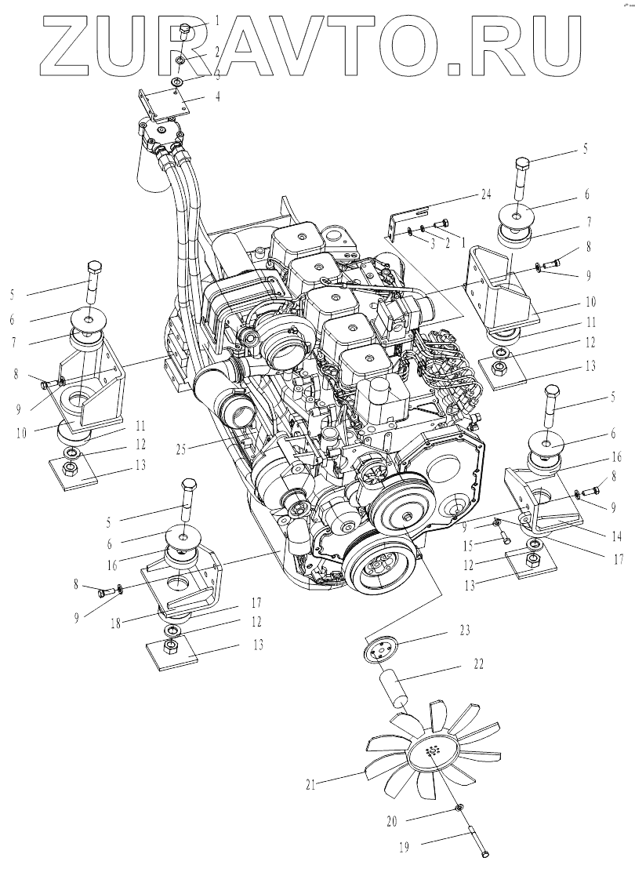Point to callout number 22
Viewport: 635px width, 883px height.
[478, 664]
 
